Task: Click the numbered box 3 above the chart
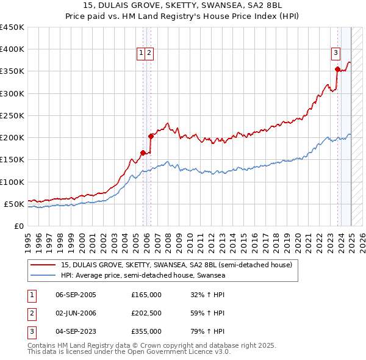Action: click(x=335, y=53)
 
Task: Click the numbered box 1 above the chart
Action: click(x=141, y=53)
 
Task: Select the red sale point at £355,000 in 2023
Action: click(x=337, y=70)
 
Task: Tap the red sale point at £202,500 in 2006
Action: click(x=150, y=137)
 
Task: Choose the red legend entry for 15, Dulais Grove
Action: click(x=177, y=265)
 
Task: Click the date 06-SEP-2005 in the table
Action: click(x=76, y=295)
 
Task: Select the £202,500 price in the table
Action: click(x=146, y=313)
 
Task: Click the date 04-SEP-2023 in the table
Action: click(x=76, y=331)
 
